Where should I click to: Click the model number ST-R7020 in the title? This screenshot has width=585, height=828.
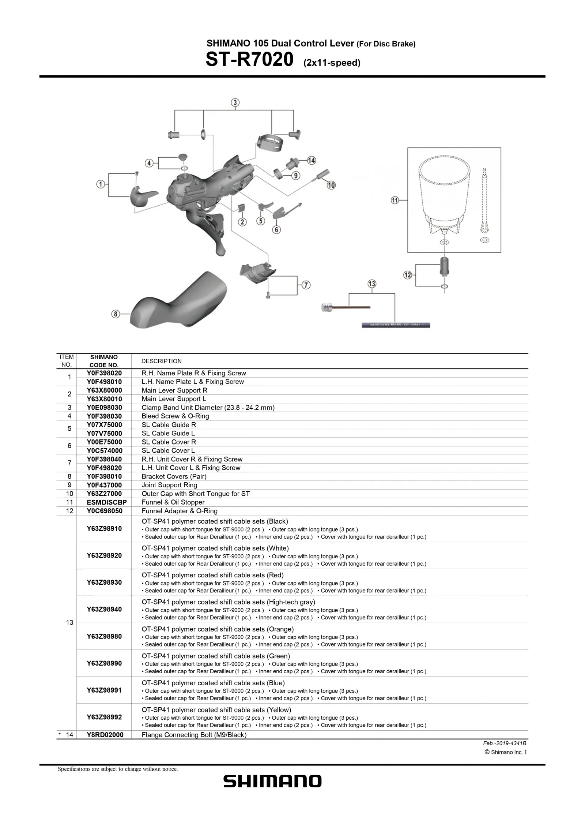click(x=249, y=60)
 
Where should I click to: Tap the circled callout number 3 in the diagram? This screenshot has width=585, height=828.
click(x=235, y=102)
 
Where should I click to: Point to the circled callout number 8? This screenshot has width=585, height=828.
click(x=116, y=314)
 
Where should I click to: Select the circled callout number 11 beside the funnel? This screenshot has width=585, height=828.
click(x=395, y=200)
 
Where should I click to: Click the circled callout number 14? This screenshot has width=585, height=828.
click(x=311, y=160)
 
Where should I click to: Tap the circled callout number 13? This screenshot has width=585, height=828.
click(x=372, y=284)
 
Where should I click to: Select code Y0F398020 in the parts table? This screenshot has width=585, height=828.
click(x=104, y=373)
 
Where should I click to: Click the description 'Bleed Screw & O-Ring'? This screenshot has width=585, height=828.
click(x=175, y=416)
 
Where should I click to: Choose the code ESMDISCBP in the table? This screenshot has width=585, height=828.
click(x=106, y=502)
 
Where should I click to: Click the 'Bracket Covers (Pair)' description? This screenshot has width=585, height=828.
click(x=174, y=476)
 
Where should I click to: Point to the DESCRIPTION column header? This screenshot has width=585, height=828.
click(x=161, y=361)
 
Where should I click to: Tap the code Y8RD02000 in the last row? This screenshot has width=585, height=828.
click(x=105, y=735)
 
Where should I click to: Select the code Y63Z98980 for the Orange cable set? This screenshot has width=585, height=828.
click(x=104, y=636)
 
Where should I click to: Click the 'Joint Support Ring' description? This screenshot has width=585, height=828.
click(x=169, y=485)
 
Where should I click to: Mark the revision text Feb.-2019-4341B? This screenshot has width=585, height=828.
click(x=505, y=743)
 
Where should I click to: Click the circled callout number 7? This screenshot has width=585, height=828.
click(x=306, y=285)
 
